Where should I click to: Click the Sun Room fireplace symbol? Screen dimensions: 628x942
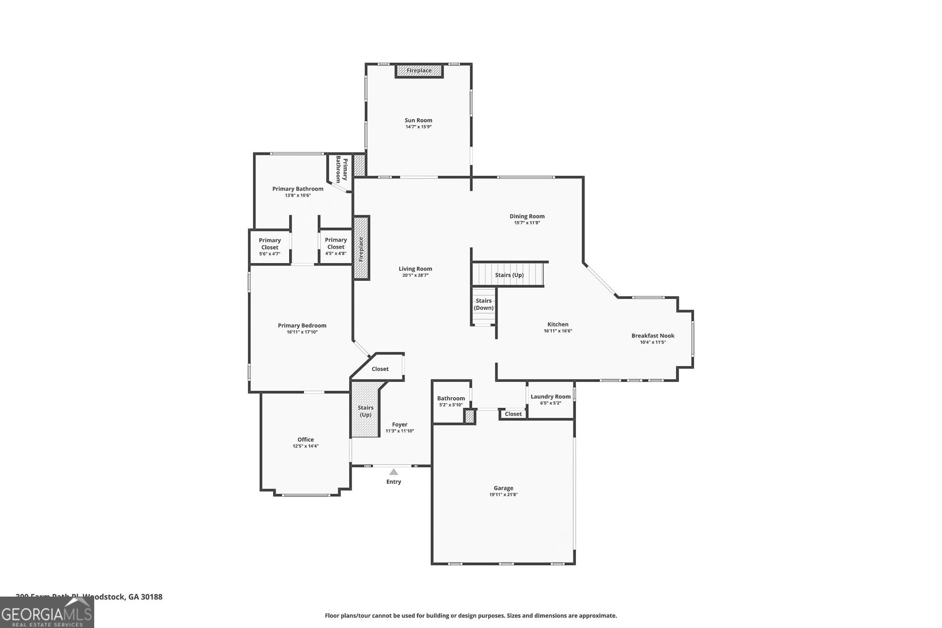[x=419, y=71]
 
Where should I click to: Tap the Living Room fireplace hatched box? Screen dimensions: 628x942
[x=361, y=248]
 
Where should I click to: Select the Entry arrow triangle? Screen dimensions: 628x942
[x=393, y=471]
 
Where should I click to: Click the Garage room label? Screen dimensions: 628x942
[x=503, y=488]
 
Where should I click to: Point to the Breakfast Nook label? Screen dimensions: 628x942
[x=653, y=335]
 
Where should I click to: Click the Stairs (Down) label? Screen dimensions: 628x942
[x=484, y=304]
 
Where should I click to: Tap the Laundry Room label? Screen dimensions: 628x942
[x=550, y=397]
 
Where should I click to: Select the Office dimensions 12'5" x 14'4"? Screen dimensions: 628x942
[x=306, y=446]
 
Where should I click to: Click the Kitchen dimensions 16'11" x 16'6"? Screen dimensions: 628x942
[x=558, y=331]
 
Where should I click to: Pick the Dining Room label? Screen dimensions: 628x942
[x=527, y=216]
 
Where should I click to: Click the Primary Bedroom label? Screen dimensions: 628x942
[x=302, y=325]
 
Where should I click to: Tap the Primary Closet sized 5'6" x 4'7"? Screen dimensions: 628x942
[x=270, y=244]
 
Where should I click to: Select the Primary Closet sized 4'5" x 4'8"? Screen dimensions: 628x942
[x=336, y=244]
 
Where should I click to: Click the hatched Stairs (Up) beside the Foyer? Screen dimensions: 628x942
[x=366, y=411]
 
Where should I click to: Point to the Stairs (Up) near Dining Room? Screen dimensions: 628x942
[x=509, y=275]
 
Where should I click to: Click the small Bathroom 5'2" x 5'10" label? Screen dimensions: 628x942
[x=451, y=398]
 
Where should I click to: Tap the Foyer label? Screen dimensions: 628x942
[x=400, y=424]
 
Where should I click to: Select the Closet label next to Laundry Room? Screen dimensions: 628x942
[x=513, y=414]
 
